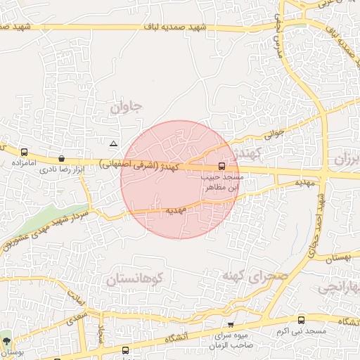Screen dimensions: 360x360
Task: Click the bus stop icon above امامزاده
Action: tap(25, 152)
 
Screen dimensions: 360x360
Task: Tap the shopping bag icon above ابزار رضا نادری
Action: tap(62, 159)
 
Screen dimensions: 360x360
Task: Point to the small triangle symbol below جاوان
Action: tap(114, 143)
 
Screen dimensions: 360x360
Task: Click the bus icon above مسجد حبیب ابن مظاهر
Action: tap(222, 167)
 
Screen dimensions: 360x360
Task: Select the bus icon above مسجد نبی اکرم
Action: tap(302, 320)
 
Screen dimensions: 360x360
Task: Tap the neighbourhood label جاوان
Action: tap(126, 107)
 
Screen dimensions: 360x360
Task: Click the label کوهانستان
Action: tap(136, 280)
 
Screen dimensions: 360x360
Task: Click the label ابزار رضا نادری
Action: tap(67, 169)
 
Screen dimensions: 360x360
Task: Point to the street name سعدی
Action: tap(75, 318)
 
